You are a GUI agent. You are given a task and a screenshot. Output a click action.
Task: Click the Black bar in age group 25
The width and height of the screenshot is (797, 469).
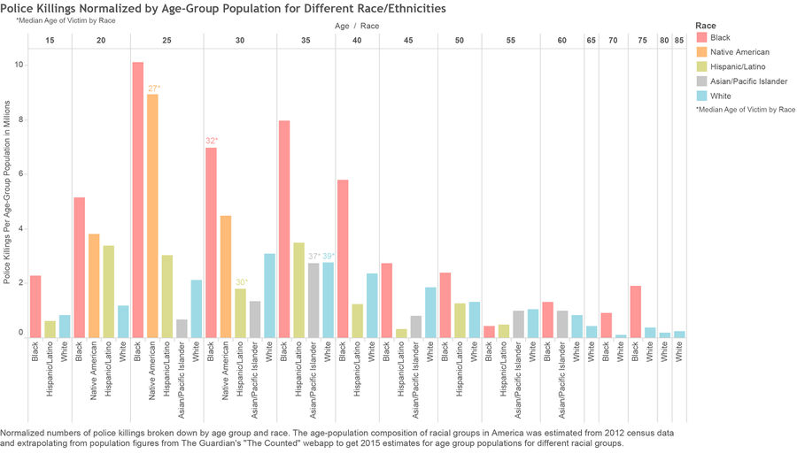[138, 200]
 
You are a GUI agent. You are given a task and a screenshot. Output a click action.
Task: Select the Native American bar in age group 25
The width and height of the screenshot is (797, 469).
[152, 216]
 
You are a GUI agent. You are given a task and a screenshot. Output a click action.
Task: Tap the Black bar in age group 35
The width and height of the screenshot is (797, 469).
[284, 229]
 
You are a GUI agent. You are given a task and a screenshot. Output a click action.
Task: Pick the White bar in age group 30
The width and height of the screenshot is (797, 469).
[269, 296]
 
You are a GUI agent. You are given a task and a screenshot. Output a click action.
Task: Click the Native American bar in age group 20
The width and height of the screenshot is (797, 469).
[94, 286]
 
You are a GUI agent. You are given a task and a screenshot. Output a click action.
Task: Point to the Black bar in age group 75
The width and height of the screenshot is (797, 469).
[635, 312]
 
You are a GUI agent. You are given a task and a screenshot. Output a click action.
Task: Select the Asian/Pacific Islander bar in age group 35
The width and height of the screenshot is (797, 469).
[313, 300]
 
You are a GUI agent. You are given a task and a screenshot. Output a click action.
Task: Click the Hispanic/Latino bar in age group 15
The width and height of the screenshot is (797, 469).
[50, 329]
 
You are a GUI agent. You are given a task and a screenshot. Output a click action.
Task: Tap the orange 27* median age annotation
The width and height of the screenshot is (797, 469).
[154, 88]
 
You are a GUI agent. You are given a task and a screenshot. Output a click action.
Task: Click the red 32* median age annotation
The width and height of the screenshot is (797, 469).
[212, 141]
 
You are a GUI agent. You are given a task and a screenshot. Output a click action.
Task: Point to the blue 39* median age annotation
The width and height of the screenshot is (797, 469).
[329, 257]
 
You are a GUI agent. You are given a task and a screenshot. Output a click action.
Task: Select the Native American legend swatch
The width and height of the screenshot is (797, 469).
[702, 52]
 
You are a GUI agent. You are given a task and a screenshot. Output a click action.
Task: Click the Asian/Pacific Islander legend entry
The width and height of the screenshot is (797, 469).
[742, 81]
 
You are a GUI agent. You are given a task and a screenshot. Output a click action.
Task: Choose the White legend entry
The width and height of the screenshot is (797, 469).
[714, 96]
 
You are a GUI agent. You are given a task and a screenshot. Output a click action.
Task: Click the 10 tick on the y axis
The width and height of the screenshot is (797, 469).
[19, 65]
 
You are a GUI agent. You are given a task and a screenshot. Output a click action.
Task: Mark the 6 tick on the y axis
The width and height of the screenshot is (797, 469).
[21, 173]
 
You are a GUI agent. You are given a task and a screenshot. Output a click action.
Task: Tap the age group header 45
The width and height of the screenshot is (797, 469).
[408, 40]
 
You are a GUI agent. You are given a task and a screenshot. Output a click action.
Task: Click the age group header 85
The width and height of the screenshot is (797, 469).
[679, 40]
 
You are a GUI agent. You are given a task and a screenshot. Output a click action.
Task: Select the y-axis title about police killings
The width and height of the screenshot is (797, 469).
[6, 192]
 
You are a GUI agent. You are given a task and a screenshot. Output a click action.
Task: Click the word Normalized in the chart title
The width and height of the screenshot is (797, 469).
[109, 8]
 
